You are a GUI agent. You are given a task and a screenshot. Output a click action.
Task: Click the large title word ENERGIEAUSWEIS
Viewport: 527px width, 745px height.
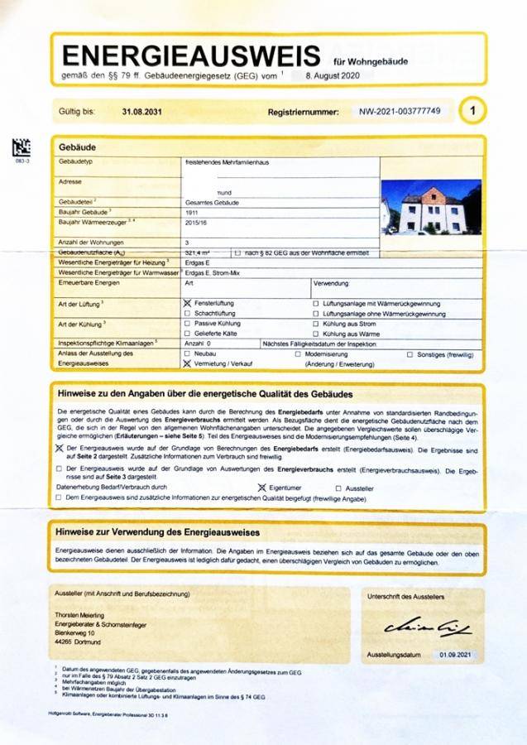(191, 55)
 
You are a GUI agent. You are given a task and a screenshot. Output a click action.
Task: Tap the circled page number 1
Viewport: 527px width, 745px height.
(472, 110)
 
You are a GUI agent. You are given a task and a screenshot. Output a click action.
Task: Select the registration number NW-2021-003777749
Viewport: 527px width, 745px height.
(400, 111)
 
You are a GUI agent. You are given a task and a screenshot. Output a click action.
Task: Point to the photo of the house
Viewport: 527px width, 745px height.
(430, 208)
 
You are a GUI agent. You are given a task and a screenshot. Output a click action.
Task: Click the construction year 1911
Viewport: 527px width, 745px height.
(192, 212)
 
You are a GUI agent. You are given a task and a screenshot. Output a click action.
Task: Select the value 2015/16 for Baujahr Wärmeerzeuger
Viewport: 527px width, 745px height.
(195, 223)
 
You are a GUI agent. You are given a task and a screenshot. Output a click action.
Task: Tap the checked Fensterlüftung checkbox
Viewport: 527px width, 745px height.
(188, 304)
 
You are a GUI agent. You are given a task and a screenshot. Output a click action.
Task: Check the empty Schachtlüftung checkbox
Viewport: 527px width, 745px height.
(188, 314)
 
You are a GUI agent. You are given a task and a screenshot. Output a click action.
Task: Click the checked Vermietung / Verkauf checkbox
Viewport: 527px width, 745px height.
(187, 363)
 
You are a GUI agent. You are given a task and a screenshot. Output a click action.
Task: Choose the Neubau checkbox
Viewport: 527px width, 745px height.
(187, 353)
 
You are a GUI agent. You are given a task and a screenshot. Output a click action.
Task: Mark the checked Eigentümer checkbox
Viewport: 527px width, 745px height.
(261, 488)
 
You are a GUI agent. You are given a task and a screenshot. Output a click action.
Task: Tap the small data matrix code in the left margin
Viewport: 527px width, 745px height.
(22, 149)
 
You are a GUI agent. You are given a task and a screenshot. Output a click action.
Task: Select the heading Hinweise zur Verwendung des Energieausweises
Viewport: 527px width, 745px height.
(157, 531)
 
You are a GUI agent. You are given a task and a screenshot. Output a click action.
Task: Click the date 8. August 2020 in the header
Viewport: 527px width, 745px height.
(328, 75)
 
